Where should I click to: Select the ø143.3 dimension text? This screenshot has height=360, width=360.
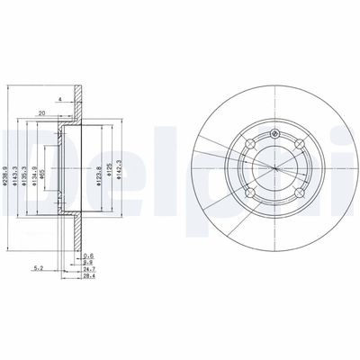pyautogui.click(x=20, y=170)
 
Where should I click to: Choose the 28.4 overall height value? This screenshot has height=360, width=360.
pyautogui.click(x=86, y=276)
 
